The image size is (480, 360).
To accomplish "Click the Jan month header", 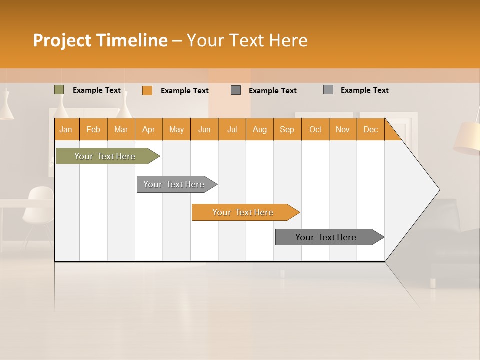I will pos(66,129).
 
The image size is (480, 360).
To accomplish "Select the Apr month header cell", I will pos(149,129).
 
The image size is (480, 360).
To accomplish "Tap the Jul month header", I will pos(232,129).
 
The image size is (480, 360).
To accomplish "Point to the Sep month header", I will pos(287,129).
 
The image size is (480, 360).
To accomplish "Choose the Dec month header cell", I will pos(370,129).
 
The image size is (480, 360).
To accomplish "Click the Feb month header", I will pos(93,129).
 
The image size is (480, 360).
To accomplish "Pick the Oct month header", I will pos(315,129).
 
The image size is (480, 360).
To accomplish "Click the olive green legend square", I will pos(59,90).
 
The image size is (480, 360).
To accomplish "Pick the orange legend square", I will pos(147,90).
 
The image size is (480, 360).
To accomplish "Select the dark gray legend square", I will pos(236,90).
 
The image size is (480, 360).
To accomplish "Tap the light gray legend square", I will pos(328,90).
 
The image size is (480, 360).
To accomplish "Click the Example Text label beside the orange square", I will pos(184,91).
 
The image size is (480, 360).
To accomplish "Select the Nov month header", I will pos(342,129).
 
